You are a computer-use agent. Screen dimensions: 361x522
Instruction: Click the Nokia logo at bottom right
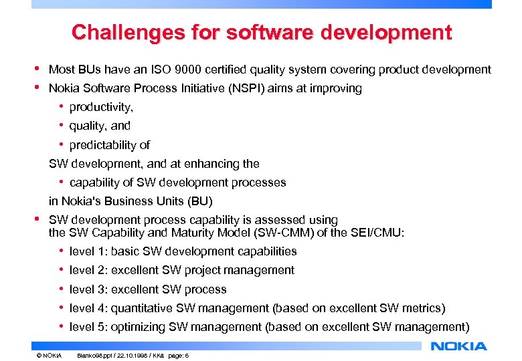(459, 346)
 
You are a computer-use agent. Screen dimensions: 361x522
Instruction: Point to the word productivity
(101, 107)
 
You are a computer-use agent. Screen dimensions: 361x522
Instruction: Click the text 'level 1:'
(88, 251)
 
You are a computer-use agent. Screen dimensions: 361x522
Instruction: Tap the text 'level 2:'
(88, 270)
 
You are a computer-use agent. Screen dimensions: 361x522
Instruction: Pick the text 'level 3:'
(88, 289)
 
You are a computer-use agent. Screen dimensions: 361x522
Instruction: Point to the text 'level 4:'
(88, 308)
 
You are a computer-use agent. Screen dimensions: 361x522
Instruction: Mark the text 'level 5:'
(88, 327)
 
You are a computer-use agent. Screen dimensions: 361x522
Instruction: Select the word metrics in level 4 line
(420, 308)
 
